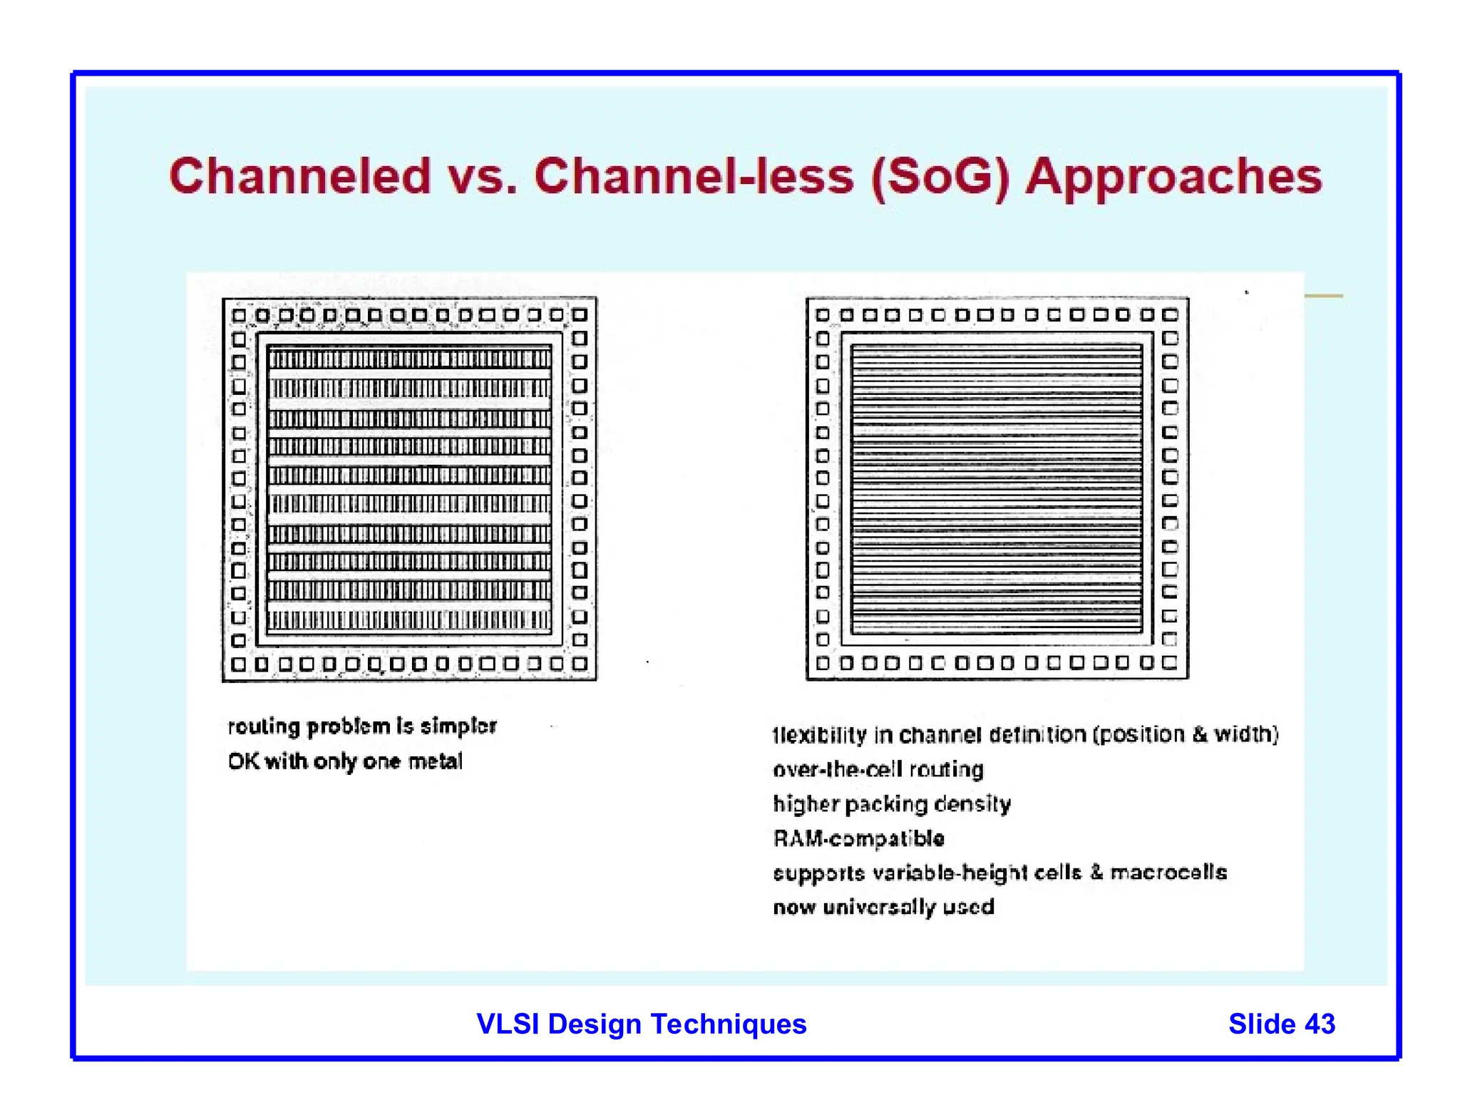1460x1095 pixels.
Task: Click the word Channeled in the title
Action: tap(300, 176)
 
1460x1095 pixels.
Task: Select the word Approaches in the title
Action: tap(1173, 178)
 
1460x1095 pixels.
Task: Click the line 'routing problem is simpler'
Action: tap(362, 726)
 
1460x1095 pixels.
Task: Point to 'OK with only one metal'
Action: tap(345, 761)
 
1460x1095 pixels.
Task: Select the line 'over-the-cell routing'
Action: tap(878, 769)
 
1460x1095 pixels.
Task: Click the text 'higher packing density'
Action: tap(892, 804)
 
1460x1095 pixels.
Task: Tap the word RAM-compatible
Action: tap(859, 838)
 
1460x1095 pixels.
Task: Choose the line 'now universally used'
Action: tap(883, 907)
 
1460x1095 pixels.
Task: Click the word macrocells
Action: tap(1168, 873)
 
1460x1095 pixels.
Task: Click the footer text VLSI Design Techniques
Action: tap(641, 1024)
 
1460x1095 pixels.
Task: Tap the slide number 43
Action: tap(1320, 1024)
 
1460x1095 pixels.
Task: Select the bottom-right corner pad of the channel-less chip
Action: tap(1170, 663)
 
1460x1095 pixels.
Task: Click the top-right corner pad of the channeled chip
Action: tap(580, 315)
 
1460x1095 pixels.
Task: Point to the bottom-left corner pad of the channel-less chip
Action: tap(823, 664)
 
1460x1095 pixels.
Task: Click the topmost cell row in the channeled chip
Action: tap(410, 359)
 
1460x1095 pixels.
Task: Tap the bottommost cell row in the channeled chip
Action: tap(410, 620)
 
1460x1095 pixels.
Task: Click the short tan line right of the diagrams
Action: tap(1324, 296)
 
